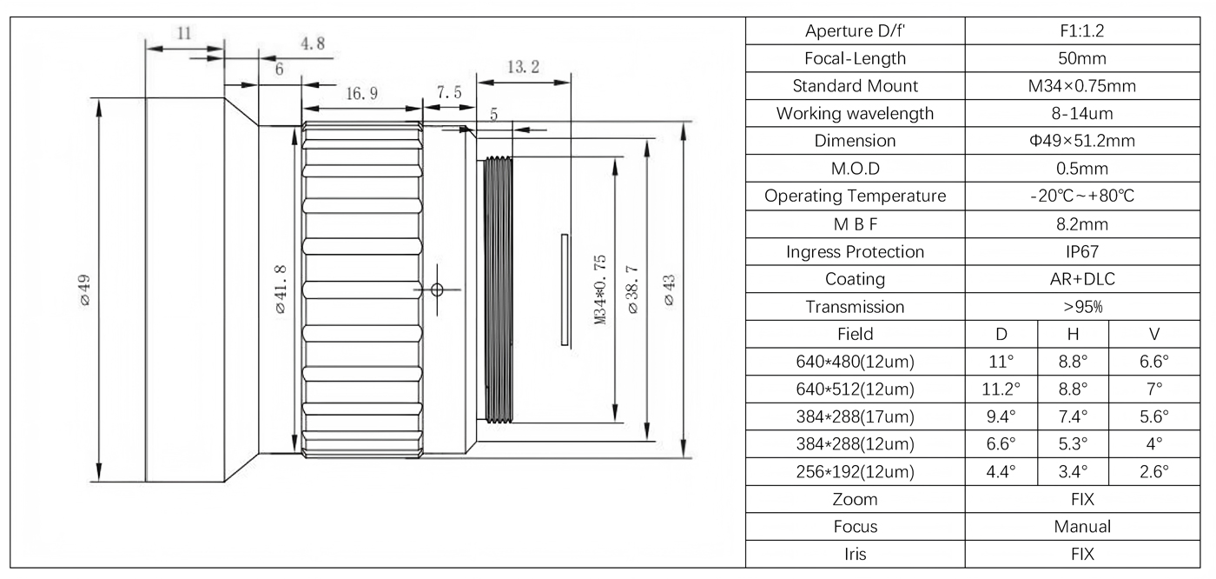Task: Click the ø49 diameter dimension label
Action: [85, 289]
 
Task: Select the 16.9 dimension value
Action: [361, 95]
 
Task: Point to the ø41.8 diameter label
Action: [282, 288]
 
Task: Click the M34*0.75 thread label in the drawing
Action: [599, 290]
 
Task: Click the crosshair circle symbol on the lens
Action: [438, 289]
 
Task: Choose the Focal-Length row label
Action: [855, 58]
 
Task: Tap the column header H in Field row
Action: [1074, 334]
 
